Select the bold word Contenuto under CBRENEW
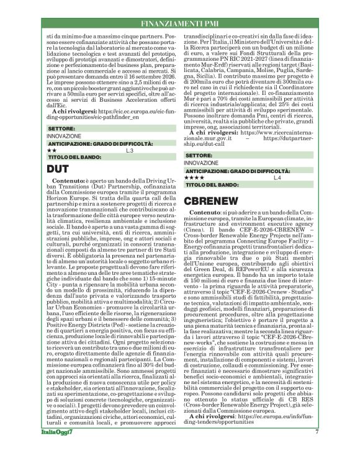pos(208,212)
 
